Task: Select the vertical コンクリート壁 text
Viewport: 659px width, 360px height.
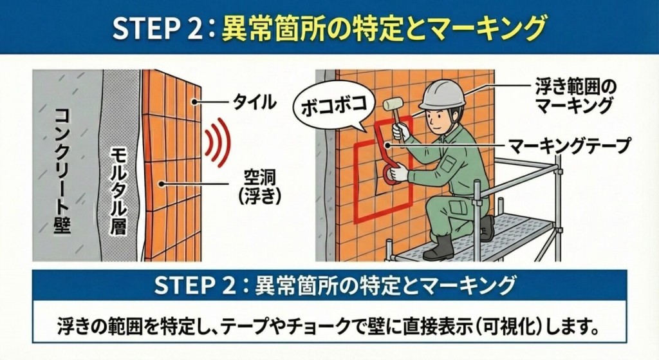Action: click(x=62, y=170)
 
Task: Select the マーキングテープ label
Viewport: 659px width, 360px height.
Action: click(x=569, y=146)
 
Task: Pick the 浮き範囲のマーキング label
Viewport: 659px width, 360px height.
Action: click(x=575, y=95)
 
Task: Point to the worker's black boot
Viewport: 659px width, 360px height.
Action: click(x=440, y=247)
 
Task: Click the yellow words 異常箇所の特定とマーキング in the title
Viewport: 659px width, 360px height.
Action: click(x=384, y=28)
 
